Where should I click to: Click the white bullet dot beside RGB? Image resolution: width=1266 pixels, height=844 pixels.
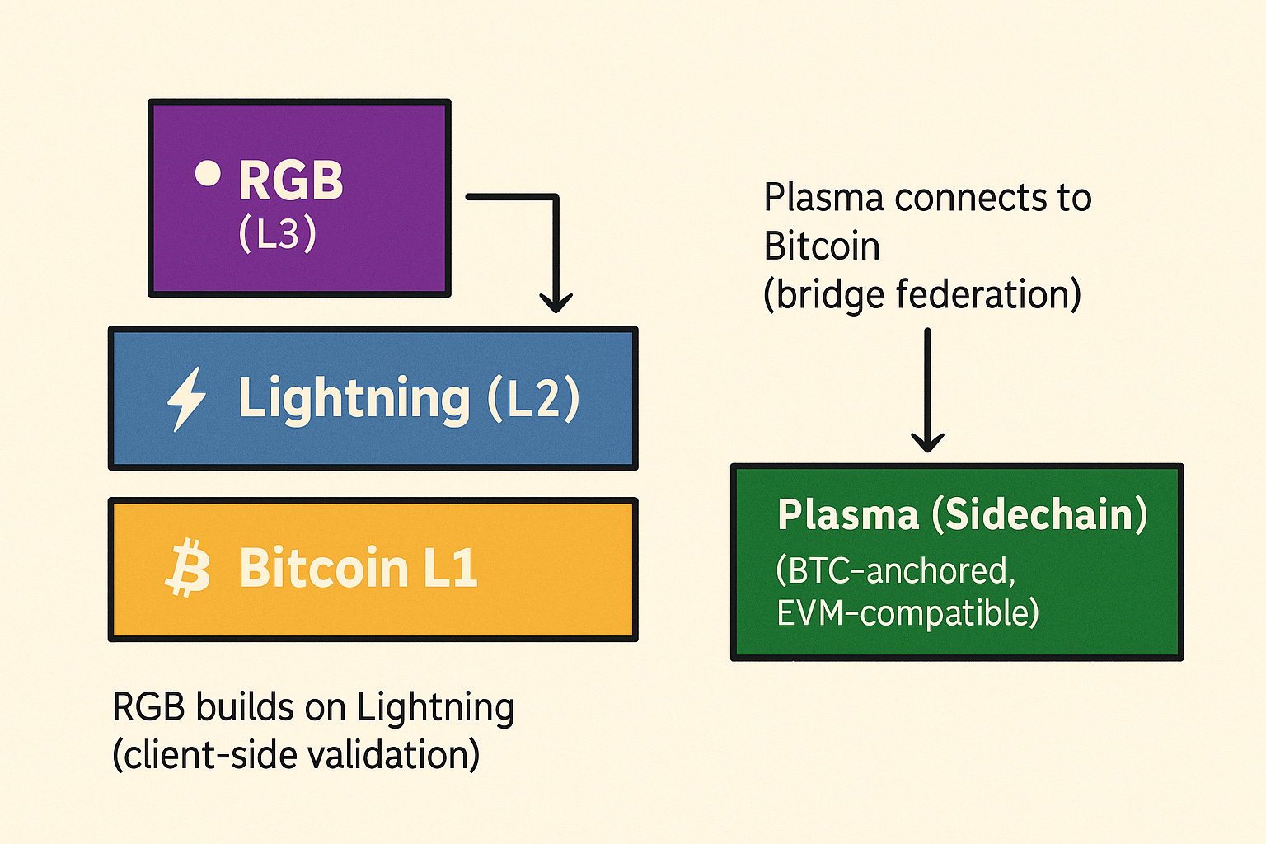click(208, 173)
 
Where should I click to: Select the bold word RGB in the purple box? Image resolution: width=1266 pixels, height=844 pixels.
click(290, 181)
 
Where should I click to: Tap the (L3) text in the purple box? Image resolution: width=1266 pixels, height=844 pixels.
click(277, 233)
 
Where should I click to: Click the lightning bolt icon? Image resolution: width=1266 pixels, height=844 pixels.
click(186, 399)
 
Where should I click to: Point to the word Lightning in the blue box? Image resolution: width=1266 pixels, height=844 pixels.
click(354, 399)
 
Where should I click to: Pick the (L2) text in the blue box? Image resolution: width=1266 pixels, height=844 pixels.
click(533, 399)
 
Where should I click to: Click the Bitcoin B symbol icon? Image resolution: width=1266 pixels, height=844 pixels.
click(188, 568)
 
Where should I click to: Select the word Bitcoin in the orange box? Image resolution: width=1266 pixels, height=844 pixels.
click(324, 568)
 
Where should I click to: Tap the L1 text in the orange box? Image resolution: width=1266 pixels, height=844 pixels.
click(450, 568)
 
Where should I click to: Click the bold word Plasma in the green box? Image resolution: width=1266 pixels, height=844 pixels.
click(848, 515)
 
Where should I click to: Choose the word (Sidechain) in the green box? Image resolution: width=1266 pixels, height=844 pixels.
click(1039, 515)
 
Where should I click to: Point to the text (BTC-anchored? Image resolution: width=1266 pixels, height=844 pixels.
click(896, 570)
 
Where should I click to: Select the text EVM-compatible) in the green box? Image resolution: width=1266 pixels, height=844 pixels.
click(907, 613)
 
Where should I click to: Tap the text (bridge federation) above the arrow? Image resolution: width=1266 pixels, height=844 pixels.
click(922, 295)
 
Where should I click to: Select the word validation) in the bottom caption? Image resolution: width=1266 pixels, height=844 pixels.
click(401, 755)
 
